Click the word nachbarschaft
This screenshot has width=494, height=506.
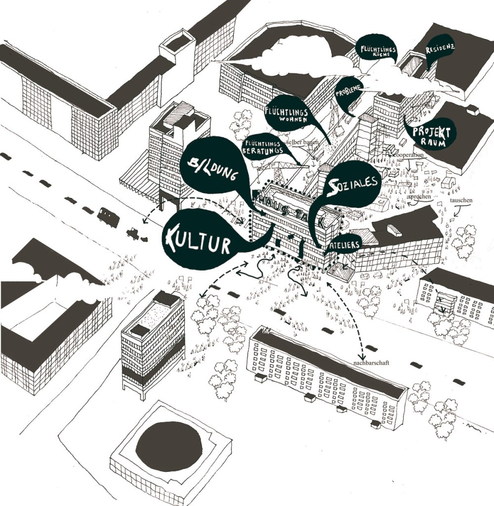pyautogui.click(x=368, y=363)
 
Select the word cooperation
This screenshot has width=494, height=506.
pyautogui.click(x=408, y=155)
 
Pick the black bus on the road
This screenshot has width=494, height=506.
pyautogui.click(x=108, y=216)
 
